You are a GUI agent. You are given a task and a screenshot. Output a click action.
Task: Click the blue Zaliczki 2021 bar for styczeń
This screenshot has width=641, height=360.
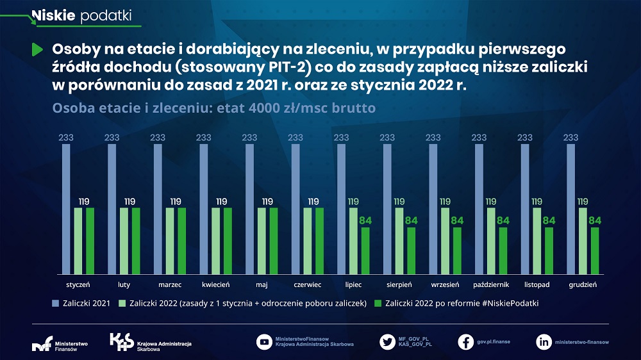click(66, 209)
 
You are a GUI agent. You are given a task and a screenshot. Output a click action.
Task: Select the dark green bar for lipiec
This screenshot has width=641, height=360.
click(365, 250)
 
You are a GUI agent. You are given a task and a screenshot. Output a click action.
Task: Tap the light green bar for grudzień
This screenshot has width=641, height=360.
click(583, 240)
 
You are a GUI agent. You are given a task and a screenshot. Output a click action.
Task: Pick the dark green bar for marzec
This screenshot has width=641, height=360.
click(182, 240)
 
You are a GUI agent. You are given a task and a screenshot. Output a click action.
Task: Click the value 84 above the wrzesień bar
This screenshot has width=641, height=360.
click(458, 221)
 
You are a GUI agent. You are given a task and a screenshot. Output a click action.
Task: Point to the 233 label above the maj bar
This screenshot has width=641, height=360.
click(249, 137)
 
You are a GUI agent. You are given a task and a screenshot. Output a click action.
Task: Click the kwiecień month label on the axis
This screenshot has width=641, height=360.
click(215, 284)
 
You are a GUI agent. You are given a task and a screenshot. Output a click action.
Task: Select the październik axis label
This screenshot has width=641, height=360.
click(491, 284)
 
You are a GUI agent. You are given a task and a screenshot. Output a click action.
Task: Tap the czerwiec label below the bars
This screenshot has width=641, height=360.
click(307, 284)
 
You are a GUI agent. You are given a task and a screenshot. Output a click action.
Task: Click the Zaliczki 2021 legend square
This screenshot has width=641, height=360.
click(56, 303)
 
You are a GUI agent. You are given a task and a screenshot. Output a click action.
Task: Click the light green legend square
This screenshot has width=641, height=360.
click(122, 303)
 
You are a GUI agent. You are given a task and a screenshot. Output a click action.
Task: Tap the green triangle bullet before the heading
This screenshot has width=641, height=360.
click(38, 49)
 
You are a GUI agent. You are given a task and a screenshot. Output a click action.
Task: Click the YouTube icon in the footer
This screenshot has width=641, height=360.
click(264, 342)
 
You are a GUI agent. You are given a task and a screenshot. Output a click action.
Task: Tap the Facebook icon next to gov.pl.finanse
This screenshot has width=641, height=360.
click(466, 342)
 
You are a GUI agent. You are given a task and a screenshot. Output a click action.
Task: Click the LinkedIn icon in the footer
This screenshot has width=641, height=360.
click(544, 342)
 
